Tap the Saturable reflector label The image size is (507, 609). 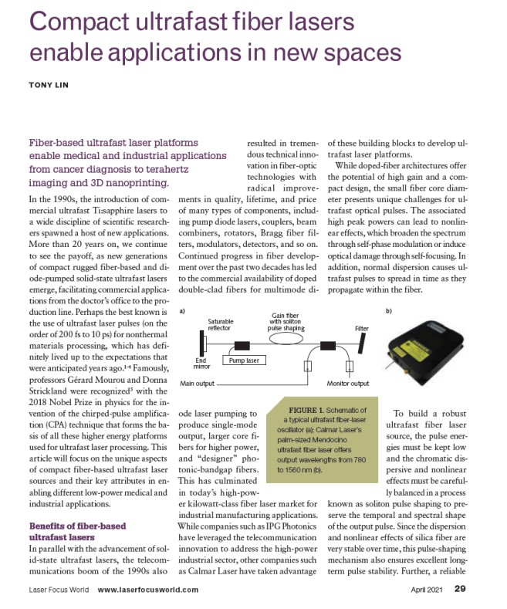pyautogui.click(x=224, y=323)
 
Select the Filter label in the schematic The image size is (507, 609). pyautogui.click(x=361, y=328)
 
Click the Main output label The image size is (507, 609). pyautogui.click(x=197, y=384)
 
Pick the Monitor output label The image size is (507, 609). pyautogui.click(x=348, y=384)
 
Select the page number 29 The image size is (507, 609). pyautogui.click(x=460, y=590)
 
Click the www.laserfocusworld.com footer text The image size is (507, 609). pyautogui.click(x=148, y=590)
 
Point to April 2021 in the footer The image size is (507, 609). pyautogui.click(x=427, y=590)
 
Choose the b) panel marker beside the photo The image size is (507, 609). pyautogui.click(x=388, y=310)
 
